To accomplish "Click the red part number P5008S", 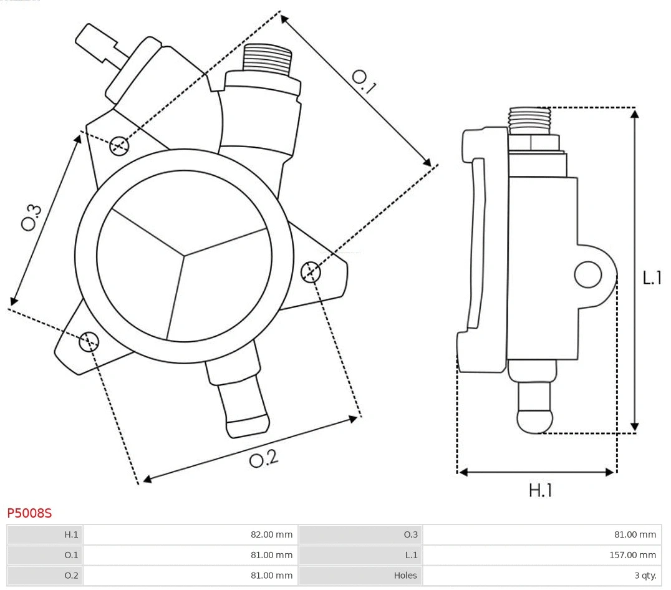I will click(29, 513).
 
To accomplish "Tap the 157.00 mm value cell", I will click(542, 554).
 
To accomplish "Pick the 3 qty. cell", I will click(542, 575).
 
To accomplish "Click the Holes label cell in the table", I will click(360, 575).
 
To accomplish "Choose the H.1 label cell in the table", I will click(45, 534).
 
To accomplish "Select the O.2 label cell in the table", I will click(45, 575).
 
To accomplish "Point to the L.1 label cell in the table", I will click(360, 554).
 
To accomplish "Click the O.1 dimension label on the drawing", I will click(364, 82).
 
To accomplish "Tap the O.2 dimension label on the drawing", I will click(263, 460).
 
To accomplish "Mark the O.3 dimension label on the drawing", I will click(31, 216).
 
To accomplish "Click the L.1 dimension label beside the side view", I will click(652, 278).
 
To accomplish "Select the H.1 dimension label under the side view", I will click(540, 491).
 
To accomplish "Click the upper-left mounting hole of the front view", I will click(118, 146).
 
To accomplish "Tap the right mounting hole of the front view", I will click(311, 272).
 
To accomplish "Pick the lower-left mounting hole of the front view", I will click(89, 341).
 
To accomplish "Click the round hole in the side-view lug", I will click(587, 274).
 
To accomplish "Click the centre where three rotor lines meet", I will click(185, 254).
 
